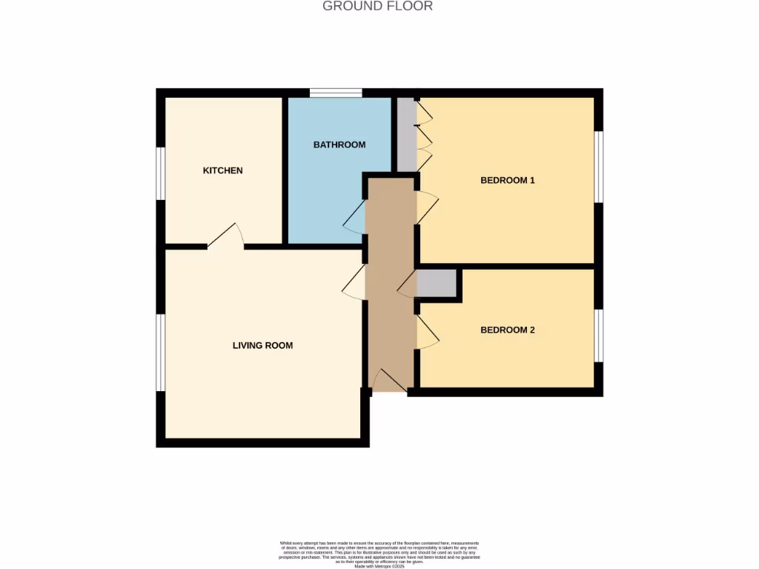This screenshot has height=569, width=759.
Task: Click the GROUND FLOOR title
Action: [x=378, y=7]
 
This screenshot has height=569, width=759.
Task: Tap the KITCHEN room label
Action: [x=222, y=170]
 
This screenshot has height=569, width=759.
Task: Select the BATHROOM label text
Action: [x=339, y=144]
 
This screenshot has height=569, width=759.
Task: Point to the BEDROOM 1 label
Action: [x=507, y=180]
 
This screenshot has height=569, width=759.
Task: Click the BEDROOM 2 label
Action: [x=507, y=330]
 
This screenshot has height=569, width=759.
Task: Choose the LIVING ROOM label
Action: [x=262, y=345]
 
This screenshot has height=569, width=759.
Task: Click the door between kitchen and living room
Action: [x=226, y=236]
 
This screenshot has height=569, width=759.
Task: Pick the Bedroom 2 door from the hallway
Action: [x=427, y=332]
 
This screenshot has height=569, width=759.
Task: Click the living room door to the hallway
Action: [x=355, y=282]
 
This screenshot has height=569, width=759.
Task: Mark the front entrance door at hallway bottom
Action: [x=388, y=381]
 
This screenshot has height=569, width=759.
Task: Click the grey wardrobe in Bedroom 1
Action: [x=407, y=133]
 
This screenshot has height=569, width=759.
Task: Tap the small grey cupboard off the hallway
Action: [x=437, y=284]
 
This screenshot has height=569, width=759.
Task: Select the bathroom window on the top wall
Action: [x=336, y=93]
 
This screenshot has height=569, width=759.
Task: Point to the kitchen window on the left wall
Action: [x=160, y=173]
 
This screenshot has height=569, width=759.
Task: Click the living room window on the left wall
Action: [x=160, y=352]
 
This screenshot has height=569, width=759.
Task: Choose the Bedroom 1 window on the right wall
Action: [x=599, y=167]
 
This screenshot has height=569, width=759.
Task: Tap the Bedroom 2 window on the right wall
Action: [x=599, y=336]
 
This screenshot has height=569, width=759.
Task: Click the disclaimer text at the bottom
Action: [x=379, y=555]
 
